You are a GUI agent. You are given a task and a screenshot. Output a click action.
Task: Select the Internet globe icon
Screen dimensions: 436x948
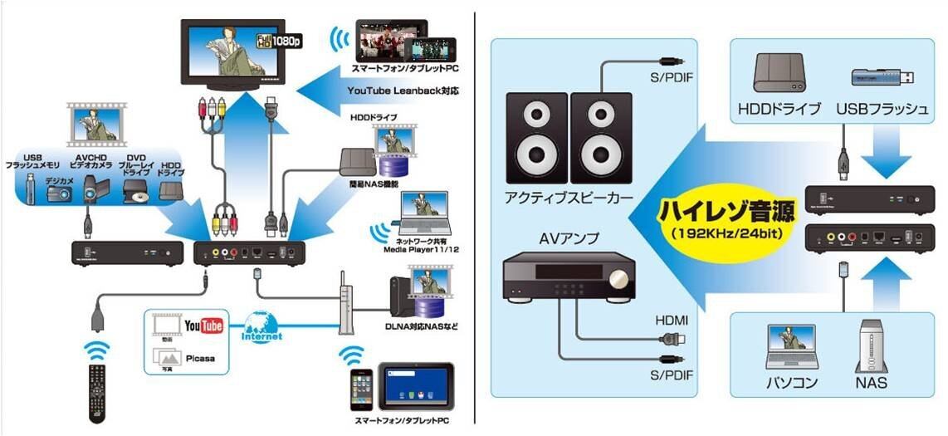[x=262, y=329]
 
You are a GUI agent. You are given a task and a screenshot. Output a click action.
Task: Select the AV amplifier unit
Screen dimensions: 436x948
[x=569, y=273]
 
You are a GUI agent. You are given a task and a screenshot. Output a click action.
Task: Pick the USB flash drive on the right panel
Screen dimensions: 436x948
[x=883, y=78]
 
